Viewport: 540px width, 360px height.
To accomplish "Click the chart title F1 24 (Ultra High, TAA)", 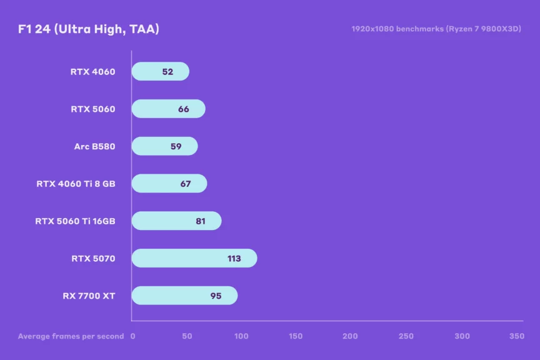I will click(89, 29).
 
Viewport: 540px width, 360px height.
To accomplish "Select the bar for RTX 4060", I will click(160, 71).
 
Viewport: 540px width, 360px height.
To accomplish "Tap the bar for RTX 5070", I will click(194, 258).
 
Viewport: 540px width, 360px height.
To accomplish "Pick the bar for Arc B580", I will click(164, 146).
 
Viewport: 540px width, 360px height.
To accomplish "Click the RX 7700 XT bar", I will click(184, 296).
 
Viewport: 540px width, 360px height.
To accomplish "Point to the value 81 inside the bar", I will click(201, 221).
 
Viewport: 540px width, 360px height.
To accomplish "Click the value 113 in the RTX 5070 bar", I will click(234, 258).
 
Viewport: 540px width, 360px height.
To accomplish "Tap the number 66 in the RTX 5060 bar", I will click(183, 109).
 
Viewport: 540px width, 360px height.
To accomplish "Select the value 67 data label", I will click(185, 184).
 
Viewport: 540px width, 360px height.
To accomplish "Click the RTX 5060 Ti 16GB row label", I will click(75, 221).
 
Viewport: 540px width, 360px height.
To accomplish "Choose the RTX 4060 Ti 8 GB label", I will click(76, 184).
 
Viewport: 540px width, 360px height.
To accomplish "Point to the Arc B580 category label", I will click(94, 146).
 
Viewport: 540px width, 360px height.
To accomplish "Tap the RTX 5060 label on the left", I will click(93, 109).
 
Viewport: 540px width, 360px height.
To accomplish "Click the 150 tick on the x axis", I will click(296, 336).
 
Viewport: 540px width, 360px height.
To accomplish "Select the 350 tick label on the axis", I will click(516, 336).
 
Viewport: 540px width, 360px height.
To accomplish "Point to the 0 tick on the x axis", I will click(132, 336).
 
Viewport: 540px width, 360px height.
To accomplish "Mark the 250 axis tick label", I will click(406, 336).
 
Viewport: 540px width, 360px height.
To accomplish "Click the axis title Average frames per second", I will click(71, 336).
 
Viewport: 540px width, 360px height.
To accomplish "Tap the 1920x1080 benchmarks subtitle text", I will click(436, 29).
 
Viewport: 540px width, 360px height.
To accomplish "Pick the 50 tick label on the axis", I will click(187, 336).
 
